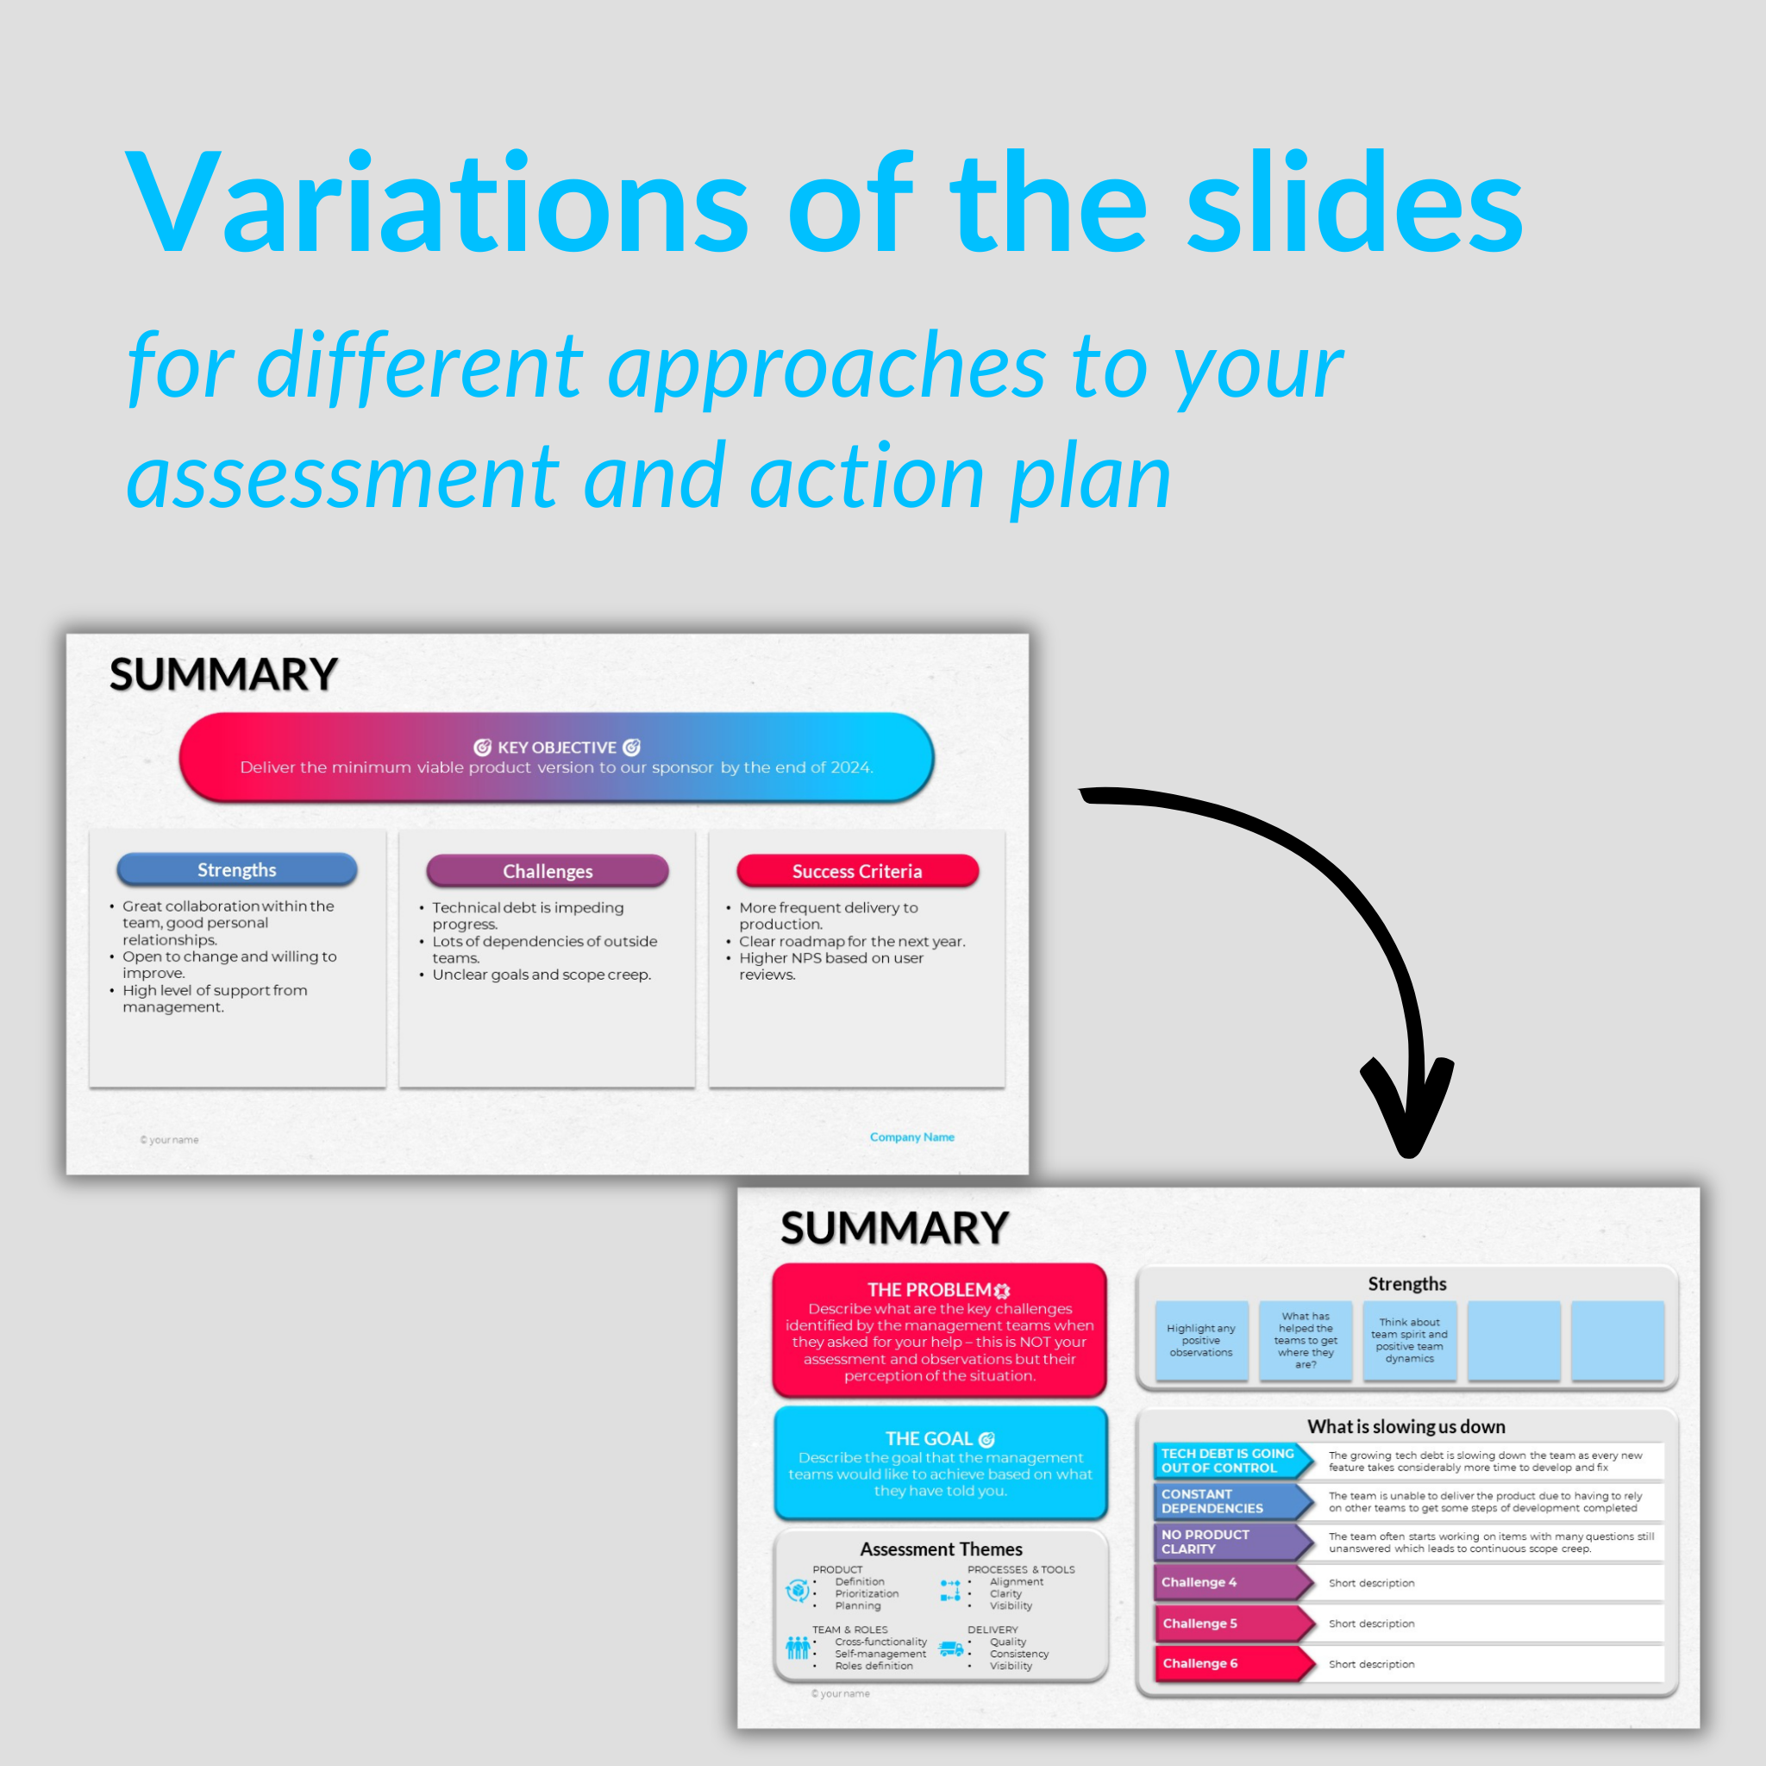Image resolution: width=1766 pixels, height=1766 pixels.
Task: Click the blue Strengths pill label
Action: point(237,869)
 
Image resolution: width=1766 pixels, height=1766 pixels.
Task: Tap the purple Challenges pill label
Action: point(547,871)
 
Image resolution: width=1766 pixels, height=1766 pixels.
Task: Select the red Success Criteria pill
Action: point(856,871)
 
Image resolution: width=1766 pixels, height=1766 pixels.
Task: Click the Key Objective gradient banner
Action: point(556,757)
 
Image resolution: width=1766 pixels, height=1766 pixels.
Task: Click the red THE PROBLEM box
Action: point(939,1330)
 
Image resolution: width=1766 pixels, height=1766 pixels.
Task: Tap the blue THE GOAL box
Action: point(940,1463)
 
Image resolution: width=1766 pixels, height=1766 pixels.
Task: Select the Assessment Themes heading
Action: point(941,1550)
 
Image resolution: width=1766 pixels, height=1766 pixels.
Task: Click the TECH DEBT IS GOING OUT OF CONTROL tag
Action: point(1230,1461)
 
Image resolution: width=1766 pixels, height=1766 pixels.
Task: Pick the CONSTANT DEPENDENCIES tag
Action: point(1230,1501)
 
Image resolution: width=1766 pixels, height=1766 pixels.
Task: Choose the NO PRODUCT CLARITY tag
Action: point(1230,1542)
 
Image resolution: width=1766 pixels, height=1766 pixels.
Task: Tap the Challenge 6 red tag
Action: point(1230,1663)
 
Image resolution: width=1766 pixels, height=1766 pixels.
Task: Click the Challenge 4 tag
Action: point(1230,1582)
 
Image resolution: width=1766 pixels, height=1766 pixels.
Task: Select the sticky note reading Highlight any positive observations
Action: point(1201,1340)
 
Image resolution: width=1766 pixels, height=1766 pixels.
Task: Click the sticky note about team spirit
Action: point(1409,1340)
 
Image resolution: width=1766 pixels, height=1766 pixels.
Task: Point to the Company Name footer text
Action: point(911,1137)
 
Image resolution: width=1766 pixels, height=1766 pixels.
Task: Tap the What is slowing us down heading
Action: point(1406,1427)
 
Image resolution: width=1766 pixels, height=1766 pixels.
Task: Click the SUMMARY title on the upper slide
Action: point(223,675)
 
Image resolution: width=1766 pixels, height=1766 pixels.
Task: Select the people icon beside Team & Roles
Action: point(797,1647)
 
